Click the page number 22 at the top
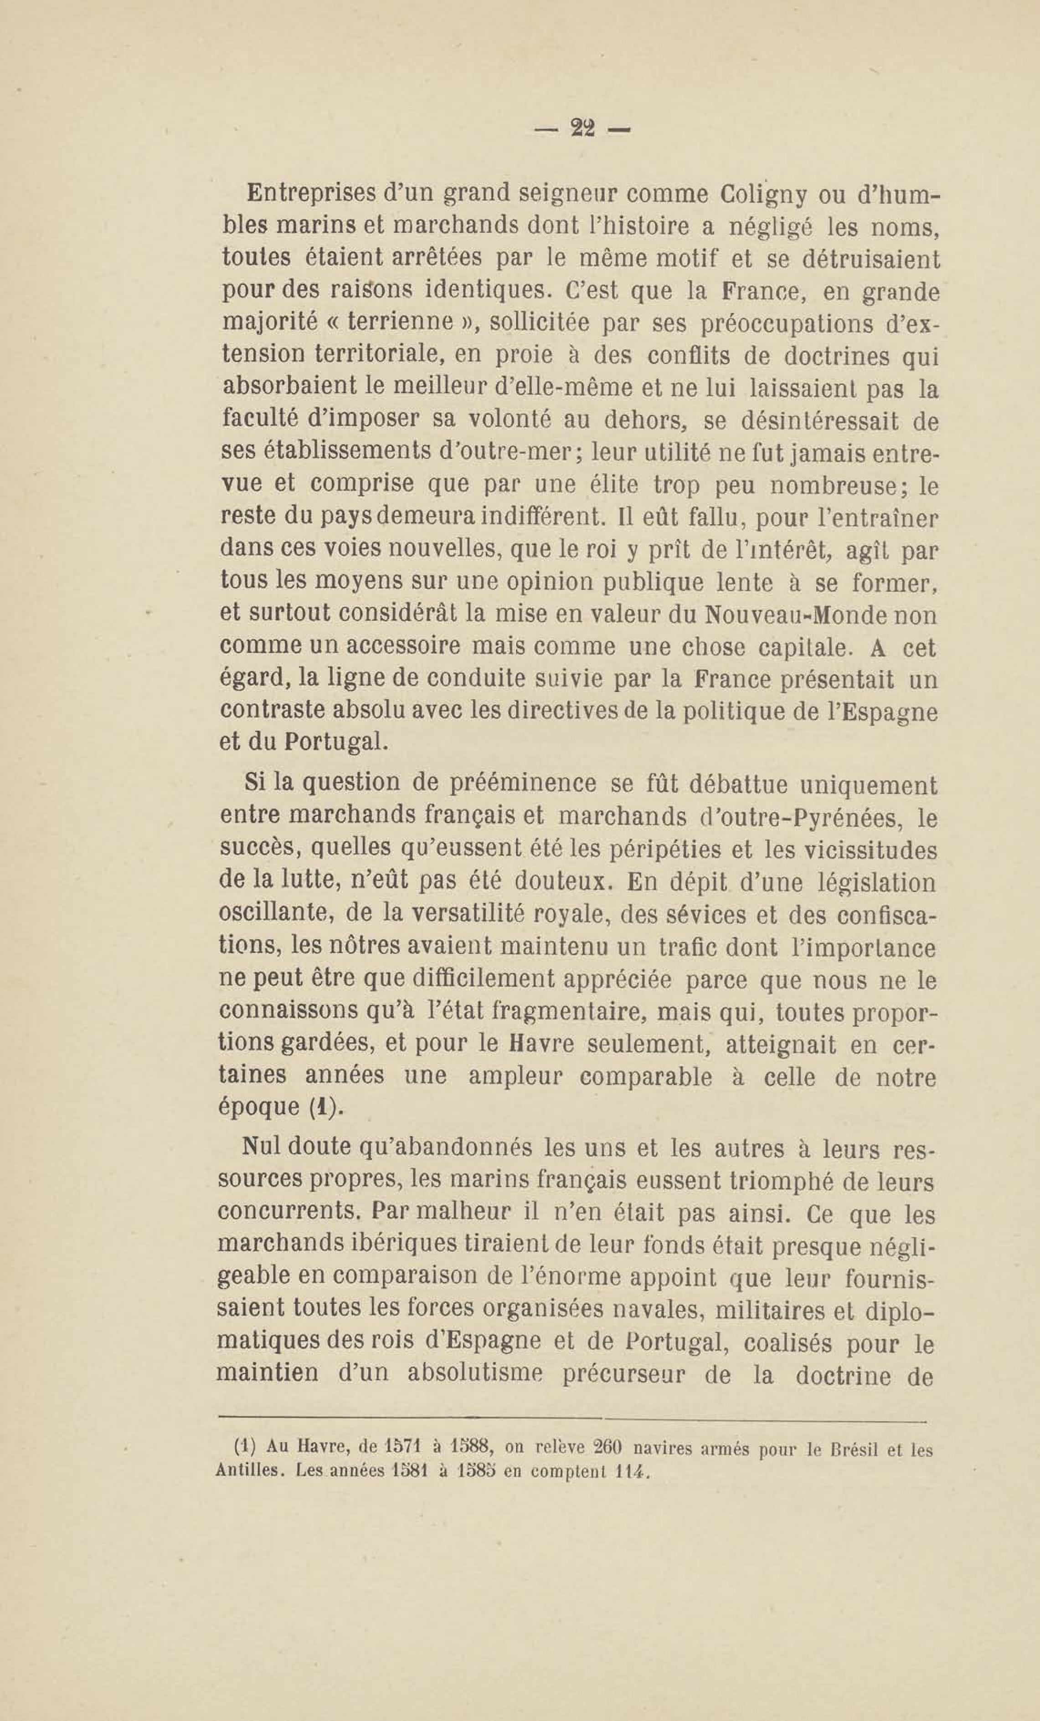(582, 128)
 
